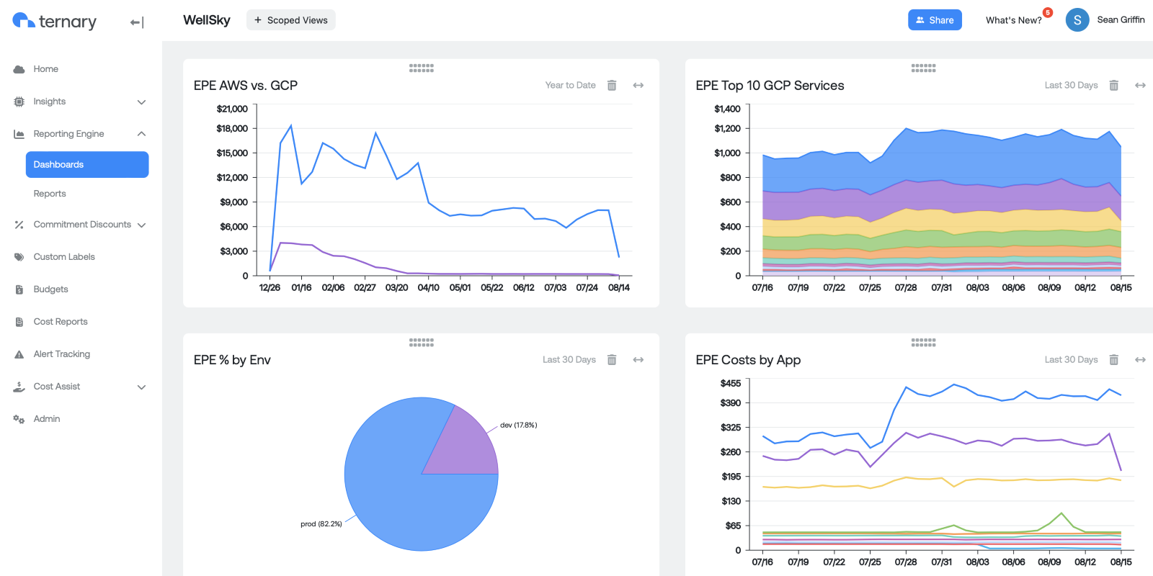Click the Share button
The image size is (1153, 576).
point(934,20)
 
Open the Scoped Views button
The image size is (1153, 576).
point(290,20)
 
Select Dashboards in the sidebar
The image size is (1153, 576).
point(87,164)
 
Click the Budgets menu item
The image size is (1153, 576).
point(50,289)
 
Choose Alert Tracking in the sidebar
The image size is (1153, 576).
point(61,354)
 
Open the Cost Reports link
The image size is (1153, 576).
point(61,322)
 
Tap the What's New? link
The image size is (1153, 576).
point(1013,20)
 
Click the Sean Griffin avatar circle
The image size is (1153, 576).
point(1077,20)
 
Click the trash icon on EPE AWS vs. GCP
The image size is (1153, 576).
point(612,86)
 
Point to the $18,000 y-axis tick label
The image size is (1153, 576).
point(232,129)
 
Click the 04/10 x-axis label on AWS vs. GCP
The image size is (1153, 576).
point(428,288)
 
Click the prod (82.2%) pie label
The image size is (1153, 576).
point(321,524)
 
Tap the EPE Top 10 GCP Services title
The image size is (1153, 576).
point(770,86)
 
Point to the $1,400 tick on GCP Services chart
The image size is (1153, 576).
point(727,109)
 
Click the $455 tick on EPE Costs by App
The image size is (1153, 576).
point(730,384)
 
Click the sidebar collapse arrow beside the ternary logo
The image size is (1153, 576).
point(137,23)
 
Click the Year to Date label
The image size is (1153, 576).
point(570,86)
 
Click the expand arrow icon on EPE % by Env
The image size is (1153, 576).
point(638,360)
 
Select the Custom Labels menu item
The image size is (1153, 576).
point(64,257)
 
